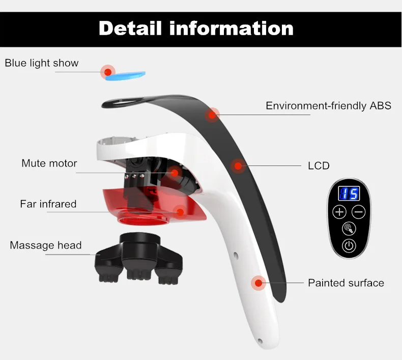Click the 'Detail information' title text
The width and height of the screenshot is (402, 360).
196,28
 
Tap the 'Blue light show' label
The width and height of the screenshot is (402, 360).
42,63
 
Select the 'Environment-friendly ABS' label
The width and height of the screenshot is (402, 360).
328,106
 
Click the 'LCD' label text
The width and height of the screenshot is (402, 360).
319,165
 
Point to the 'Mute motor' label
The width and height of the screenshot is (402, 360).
49,163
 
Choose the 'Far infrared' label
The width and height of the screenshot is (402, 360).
48,204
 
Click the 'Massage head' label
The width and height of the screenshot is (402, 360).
46,245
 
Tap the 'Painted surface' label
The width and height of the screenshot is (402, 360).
346,283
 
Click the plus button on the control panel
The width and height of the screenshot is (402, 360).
339,212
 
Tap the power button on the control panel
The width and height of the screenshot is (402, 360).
349,246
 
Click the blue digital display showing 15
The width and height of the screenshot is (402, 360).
350,193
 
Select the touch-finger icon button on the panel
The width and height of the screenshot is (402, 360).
349,229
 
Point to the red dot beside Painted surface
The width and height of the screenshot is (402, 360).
259,283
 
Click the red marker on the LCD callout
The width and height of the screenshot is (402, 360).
238,165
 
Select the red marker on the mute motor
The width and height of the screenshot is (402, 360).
175,173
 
